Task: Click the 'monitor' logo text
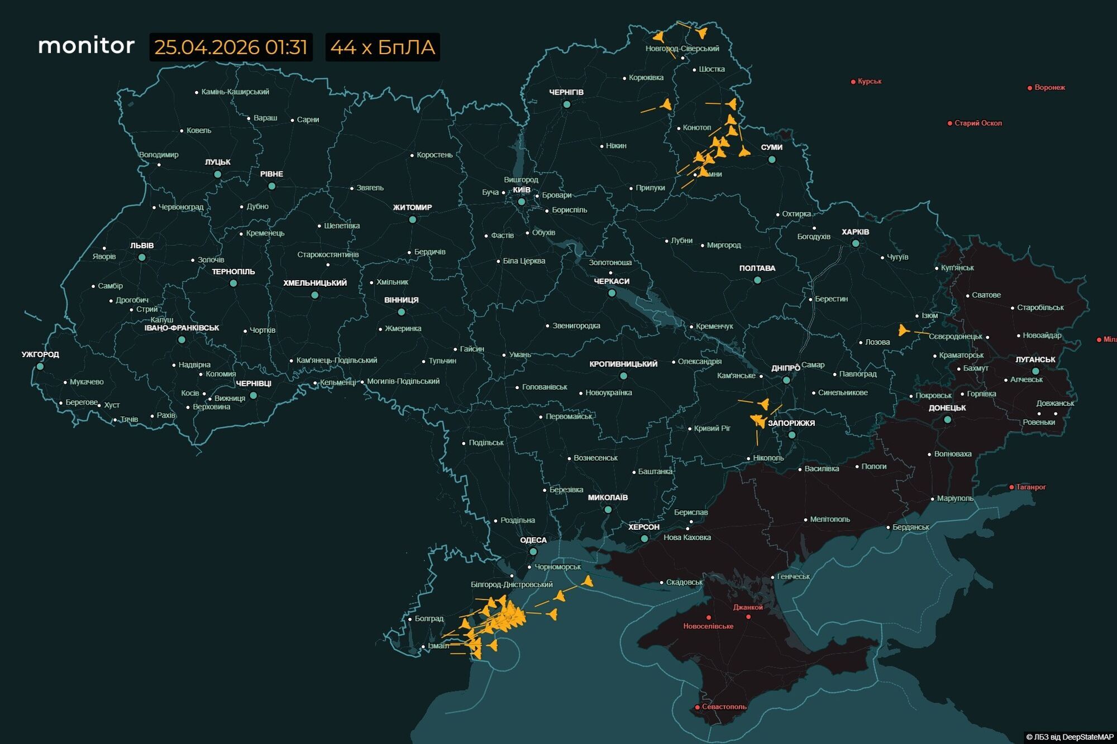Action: coord(86,46)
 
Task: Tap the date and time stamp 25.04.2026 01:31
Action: coord(231,47)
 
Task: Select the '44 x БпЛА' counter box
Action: coord(383,47)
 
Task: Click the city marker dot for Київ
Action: coord(521,201)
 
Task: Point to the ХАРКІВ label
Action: coord(855,232)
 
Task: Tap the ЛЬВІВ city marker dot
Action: coord(142,257)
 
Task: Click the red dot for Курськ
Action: coord(853,82)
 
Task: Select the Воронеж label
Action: coord(1049,88)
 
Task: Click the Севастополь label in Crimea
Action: coord(724,707)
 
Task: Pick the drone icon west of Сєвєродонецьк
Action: coord(903,330)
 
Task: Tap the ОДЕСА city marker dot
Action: coord(533,551)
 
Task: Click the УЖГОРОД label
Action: coord(40,354)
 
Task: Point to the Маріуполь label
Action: coord(954,498)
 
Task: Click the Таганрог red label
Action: coord(1030,487)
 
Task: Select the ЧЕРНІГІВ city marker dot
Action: coord(566,104)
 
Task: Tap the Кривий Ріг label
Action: coord(712,429)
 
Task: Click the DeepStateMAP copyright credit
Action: coord(1070,737)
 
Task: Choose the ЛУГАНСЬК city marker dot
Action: coord(1035,371)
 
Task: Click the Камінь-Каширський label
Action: coord(235,92)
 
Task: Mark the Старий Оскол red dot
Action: coord(949,123)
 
